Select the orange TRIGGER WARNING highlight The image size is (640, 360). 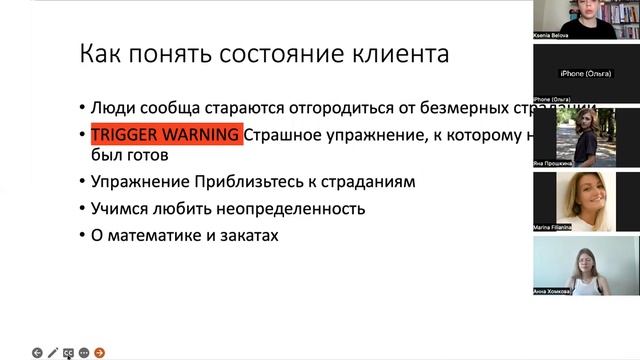(x=166, y=135)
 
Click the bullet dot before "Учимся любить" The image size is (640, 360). (x=82, y=210)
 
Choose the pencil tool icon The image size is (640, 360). (x=53, y=352)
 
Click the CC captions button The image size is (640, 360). (x=69, y=352)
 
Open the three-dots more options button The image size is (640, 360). (x=84, y=352)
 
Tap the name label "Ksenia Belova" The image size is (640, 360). (x=552, y=34)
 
